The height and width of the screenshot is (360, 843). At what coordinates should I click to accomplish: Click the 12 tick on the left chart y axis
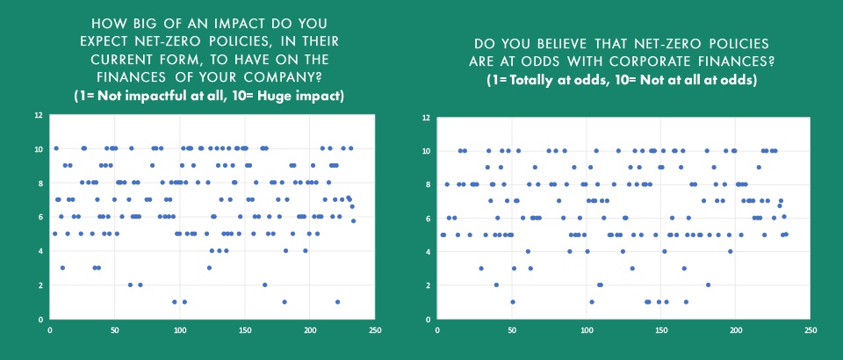click(36, 115)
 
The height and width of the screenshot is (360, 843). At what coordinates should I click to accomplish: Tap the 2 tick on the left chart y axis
click(38, 285)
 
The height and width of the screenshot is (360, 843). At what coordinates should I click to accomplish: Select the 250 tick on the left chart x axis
click(375, 330)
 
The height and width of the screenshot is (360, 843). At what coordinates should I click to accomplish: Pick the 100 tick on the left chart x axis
click(180, 330)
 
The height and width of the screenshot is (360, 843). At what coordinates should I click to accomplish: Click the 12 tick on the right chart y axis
click(425, 117)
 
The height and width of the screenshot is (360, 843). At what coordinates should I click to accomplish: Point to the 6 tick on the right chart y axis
click(427, 218)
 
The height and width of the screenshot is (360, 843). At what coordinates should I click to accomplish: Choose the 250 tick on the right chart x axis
click(811, 330)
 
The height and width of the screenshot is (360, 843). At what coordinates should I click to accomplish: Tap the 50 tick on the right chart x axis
click(512, 330)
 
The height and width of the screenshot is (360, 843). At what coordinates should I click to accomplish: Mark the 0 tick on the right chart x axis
click(437, 330)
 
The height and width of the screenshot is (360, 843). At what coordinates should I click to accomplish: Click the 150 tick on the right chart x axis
click(661, 330)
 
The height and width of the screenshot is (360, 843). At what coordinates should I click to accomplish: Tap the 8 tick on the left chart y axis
click(38, 184)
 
